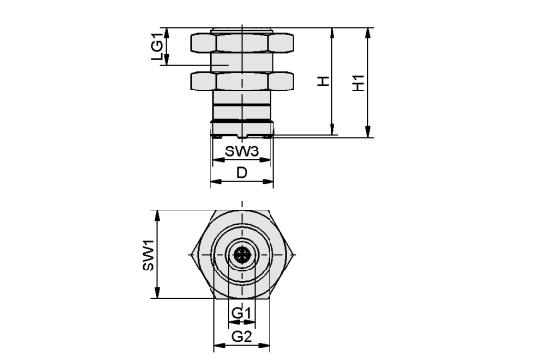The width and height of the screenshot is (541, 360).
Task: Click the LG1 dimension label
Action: coord(157,46)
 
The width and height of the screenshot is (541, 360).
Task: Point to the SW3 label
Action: coord(242,151)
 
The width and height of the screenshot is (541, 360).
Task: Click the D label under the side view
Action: coord(242,173)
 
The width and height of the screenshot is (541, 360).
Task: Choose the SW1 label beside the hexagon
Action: coord(148,255)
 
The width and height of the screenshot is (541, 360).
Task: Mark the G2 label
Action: coord(242,335)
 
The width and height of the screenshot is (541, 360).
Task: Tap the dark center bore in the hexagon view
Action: coord(242,255)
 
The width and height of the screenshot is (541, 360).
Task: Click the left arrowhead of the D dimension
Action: coord(213,183)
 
